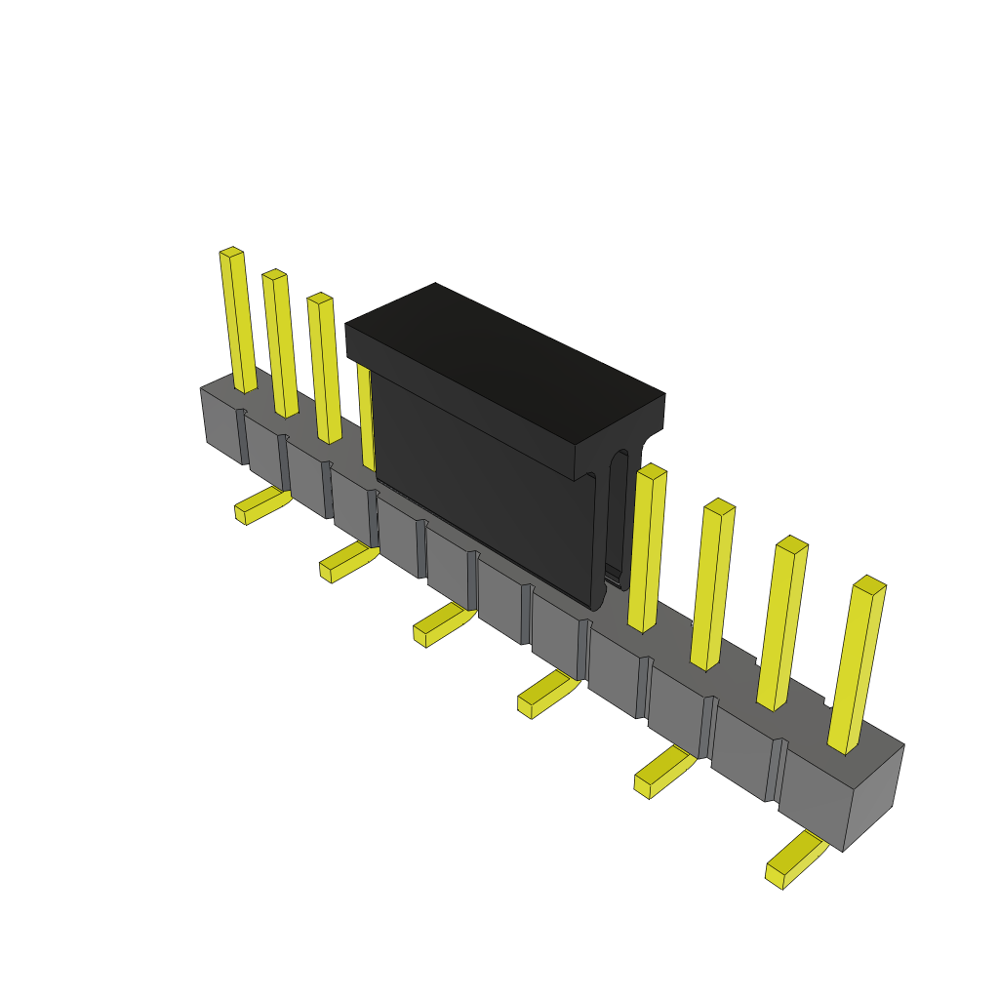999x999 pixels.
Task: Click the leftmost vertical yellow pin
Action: coord(238,322)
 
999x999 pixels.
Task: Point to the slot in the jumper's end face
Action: coord(617,517)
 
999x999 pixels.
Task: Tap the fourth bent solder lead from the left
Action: coord(547,692)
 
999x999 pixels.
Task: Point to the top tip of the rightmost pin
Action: coord(869,584)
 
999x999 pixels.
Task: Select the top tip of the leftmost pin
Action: coord(231,253)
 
